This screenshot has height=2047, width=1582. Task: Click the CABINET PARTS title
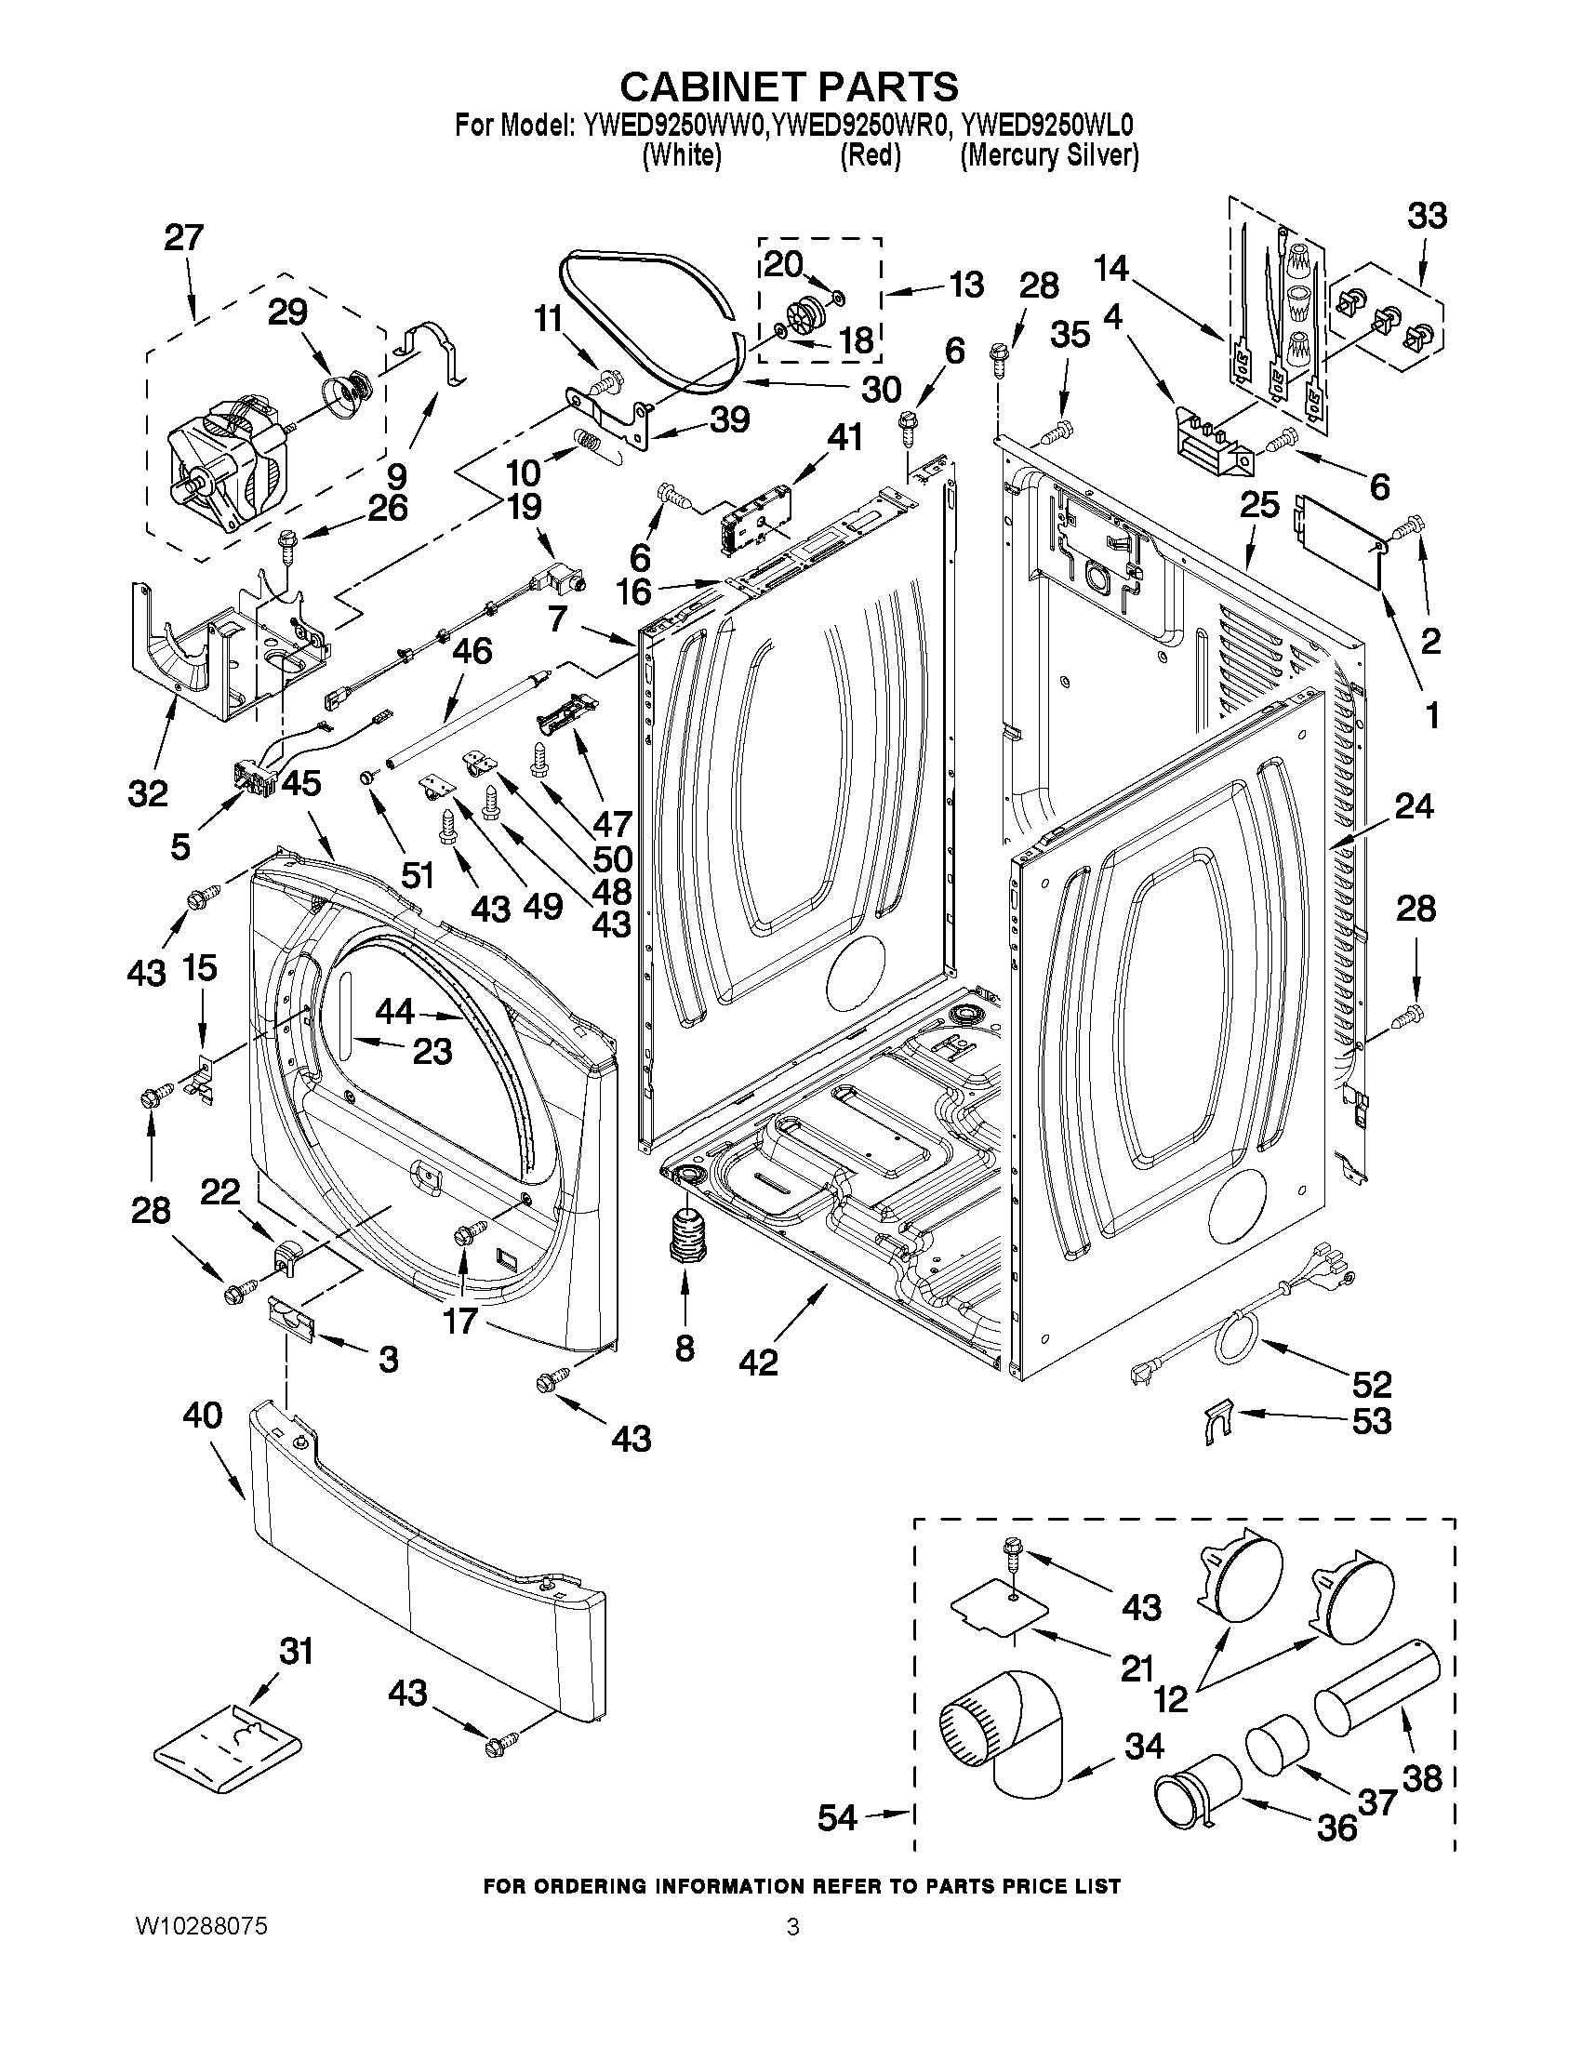tap(789, 86)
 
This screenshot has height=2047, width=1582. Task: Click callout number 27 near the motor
tap(184, 238)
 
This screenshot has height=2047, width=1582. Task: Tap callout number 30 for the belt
tap(880, 389)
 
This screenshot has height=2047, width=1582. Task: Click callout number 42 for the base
tap(757, 1362)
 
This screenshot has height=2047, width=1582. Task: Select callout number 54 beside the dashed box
tap(837, 1818)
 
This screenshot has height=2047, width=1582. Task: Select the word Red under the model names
tap(870, 155)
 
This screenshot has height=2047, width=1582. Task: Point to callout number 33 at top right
tap(1427, 216)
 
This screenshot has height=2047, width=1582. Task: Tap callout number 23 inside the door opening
tap(432, 1051)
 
